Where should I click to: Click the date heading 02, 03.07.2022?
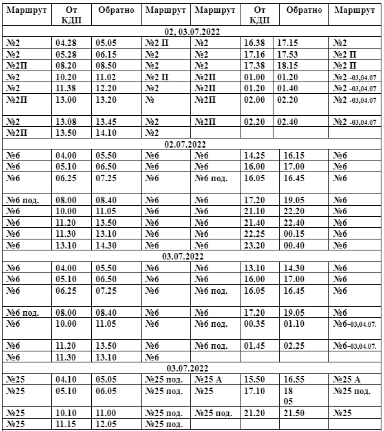pos(192,30)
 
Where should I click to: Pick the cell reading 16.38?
pos(260,43)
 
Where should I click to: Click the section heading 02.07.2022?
pos(192,144)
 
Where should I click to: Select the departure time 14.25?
pos(260,156)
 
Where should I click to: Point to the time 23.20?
pos(260,245)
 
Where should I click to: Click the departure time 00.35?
pos(260,324)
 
